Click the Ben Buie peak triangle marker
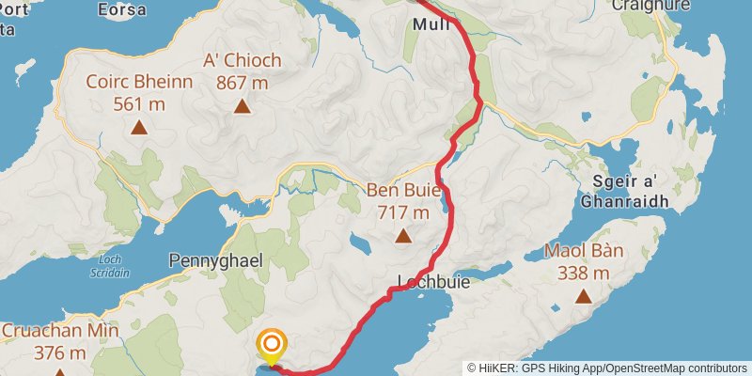pos(403,237)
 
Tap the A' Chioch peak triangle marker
pos(243,106)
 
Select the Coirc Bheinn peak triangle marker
pos(139,127)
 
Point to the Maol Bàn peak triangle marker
pos(584,297)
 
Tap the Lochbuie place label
pos(433,281)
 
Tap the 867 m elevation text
pos(243,83)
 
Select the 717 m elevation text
pos(403,212)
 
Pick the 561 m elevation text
pos(139,103)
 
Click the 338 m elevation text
pos(583,274)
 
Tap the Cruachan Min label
pos(60,331)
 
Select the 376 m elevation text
pos(60,353)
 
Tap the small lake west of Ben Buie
pos(361,246)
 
